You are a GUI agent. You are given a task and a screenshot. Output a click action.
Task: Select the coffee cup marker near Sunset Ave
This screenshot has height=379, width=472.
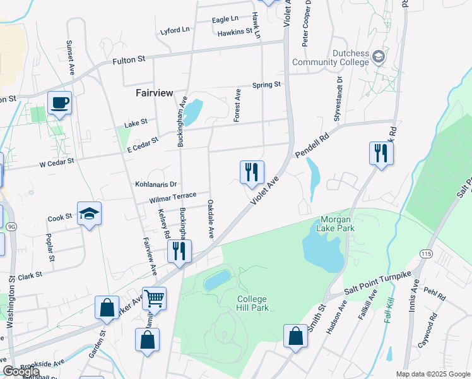(60, 103)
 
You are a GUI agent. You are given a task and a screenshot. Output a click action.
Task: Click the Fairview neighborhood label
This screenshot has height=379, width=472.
(154, 93)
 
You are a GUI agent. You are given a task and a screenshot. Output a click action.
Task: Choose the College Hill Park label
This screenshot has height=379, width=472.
(252, 303)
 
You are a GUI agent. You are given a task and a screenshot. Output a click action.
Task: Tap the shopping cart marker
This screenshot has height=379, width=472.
(154, 298)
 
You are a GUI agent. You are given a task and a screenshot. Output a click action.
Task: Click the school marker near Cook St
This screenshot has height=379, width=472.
(89, 214)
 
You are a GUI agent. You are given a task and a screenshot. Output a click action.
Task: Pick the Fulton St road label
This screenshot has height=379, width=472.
(129, 59)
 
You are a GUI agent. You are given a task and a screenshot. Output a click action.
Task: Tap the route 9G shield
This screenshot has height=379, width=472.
(11, 226)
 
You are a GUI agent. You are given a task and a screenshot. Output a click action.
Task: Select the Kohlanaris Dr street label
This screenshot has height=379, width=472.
(155, 184)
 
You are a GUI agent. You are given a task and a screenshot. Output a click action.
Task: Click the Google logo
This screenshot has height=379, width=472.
(18, 372)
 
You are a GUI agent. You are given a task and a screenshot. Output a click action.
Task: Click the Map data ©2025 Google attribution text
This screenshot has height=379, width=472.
(433, 374)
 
